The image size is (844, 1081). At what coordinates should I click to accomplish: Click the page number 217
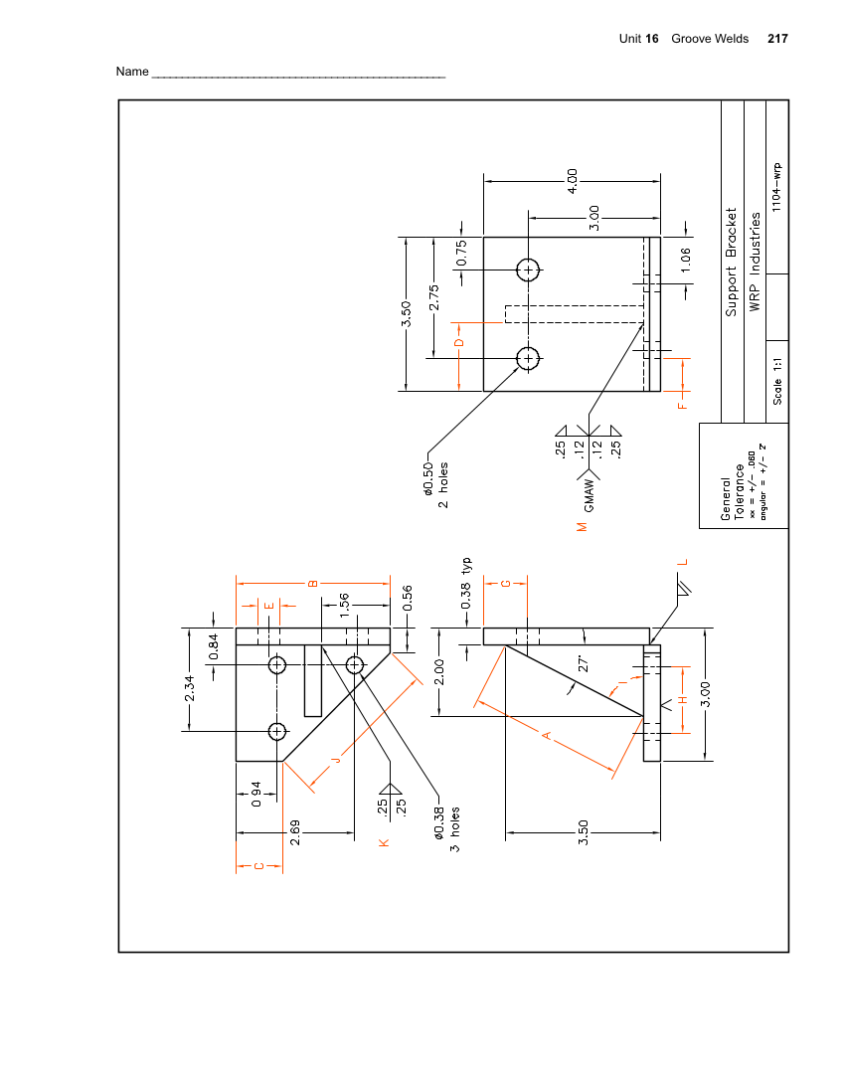click(777, 39)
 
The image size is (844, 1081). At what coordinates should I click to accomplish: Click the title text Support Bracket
click(732, 262)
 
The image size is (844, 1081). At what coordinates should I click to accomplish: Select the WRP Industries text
click(756, 262)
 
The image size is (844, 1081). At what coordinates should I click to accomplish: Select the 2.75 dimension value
click(434, 298)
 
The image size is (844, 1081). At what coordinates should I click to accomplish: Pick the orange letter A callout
click(546, 735)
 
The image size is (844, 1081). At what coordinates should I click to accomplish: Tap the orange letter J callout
click(335, 761)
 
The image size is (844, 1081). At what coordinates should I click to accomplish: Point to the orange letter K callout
click(384, 843)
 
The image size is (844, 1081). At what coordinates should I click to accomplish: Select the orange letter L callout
click(682, 562)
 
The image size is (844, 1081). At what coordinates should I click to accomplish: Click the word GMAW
click(590, 495)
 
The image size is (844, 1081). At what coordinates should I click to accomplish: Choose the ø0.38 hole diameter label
click(438, 822)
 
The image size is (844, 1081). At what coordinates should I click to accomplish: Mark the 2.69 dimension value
click(295, 832)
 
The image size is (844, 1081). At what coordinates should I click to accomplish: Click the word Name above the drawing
click(131, 72)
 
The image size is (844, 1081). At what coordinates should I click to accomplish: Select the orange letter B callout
click(312, 583)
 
